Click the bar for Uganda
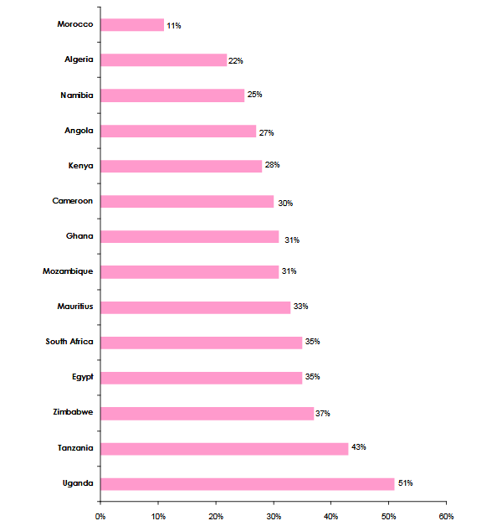247,483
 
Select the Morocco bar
132,24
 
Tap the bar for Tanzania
224,448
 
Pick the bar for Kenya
181,166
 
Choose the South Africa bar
201,342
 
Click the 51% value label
405,482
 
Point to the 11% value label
174,26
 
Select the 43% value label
358,447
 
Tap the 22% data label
237,61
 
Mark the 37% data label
324,413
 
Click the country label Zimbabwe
72,412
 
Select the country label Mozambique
68,271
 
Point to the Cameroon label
72,201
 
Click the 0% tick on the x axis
100,516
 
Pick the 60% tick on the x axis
446,516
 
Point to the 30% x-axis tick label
273,516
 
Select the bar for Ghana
189,236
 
